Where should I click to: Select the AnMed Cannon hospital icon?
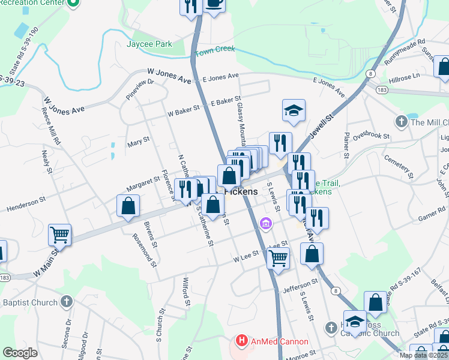242,341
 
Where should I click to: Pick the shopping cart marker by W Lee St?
278,258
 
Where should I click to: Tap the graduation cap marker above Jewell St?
294,110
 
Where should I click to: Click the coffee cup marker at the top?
214,3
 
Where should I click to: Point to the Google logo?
20,353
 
